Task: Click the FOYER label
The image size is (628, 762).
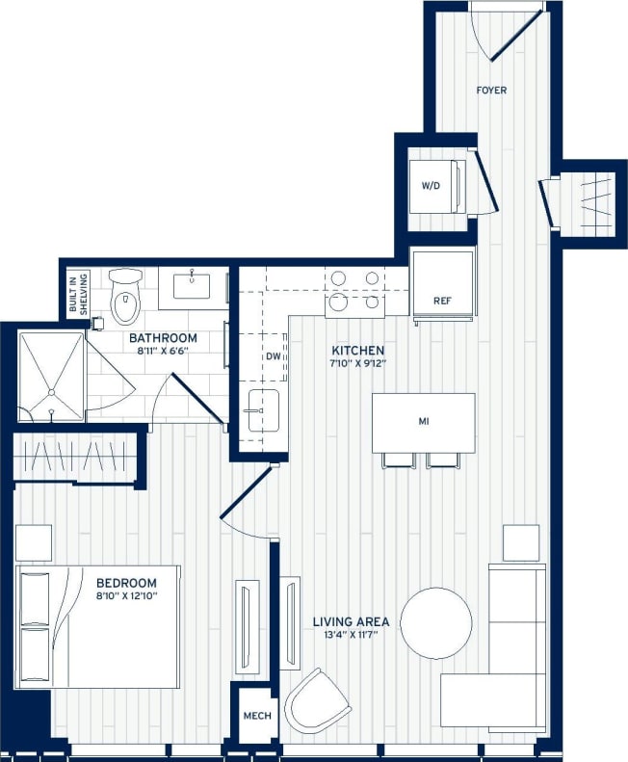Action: click(x=491, y=91)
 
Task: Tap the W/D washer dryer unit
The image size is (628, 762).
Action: click(x=431, y=185)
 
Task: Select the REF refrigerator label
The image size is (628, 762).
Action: click(x=442, y=301)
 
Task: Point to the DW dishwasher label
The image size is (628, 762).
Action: click(x=273, y=356)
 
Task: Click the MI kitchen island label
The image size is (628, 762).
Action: click(x=423, y=422)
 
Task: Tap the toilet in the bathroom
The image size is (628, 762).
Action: click(x=125, y=297)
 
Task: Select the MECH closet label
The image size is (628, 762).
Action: click(x=256, y=717)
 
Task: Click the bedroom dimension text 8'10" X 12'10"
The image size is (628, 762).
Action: click(x=125, y=597)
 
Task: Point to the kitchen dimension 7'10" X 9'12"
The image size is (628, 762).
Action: click(x=358, y=364)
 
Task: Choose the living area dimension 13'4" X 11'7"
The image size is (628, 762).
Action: click(x=351, y=636)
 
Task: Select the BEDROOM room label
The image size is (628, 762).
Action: click(x=125, y=583)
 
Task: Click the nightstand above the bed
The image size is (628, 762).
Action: click(x=34, y=542)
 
